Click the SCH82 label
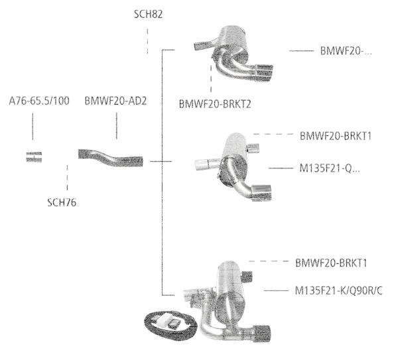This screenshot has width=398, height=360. tap(148, 13)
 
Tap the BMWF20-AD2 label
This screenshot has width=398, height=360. tap(115, 101)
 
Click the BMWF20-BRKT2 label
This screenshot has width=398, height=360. tap(214, 103)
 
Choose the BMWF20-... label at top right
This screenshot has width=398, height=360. tap(346, 50)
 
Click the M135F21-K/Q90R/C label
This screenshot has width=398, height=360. tap(339, 290)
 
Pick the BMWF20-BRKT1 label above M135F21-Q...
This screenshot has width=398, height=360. tap(335, 136)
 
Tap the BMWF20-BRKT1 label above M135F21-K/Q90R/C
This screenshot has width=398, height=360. tap(331, 263)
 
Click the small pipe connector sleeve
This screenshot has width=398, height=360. tap(33, 157)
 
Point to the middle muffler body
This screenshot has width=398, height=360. tap(235, 149)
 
